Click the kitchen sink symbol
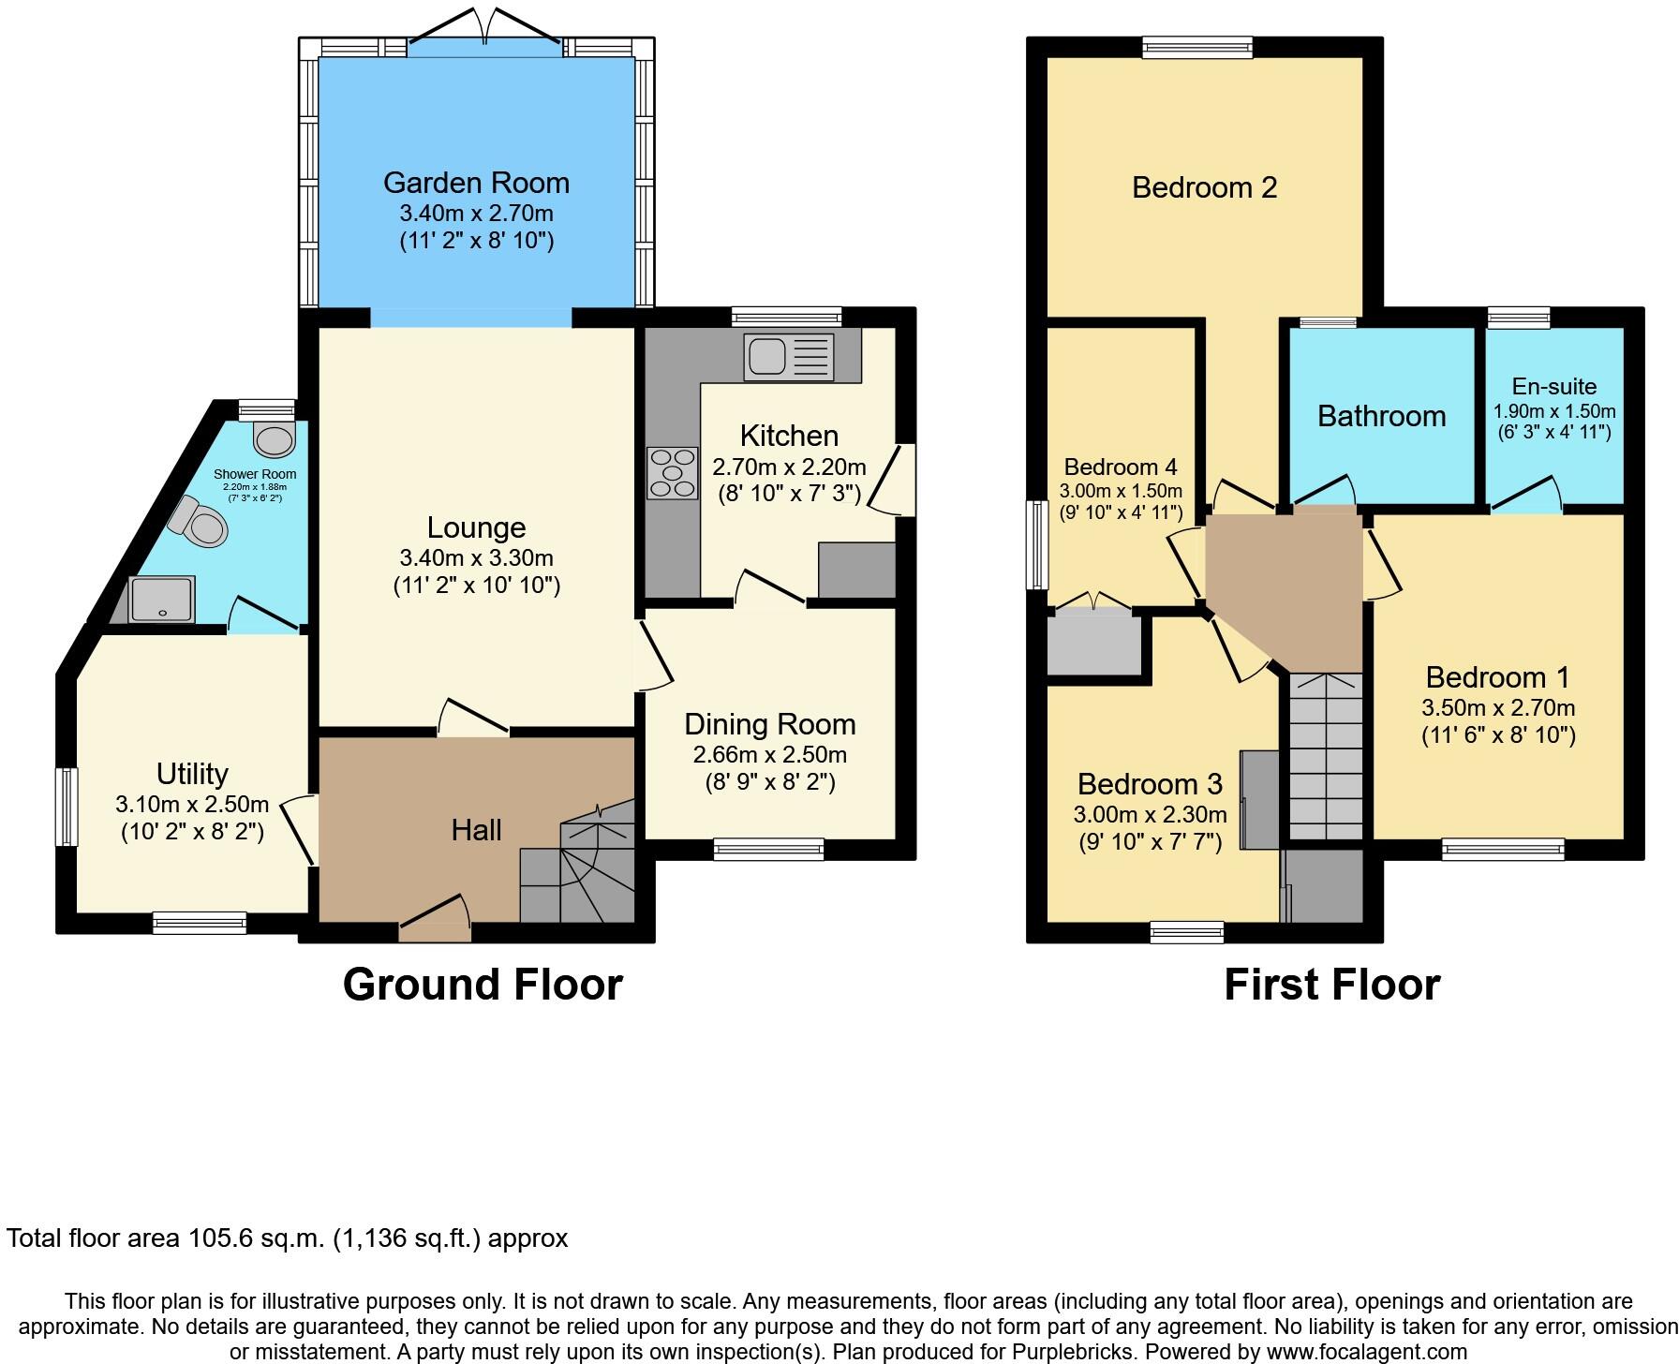click(x=788, y=358)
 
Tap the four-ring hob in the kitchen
click(x=672, y=473)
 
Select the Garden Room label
click(x=476, y=183)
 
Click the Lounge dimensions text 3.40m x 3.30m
click(x=476, y=558)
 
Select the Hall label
click(x=476, y=830)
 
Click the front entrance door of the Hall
click(x=435, y=922)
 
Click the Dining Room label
click(x=769, y=724)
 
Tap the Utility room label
click(x=192, y=774)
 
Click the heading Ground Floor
click(x=483, y=985)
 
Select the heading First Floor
click(x=1331, y=985)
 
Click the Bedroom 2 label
click(x=1204, y=187)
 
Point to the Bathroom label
click(x=1381, y=416)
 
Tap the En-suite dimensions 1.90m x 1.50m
click(x=1553, y=411)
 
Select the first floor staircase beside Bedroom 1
click(x=1326, y=755)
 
